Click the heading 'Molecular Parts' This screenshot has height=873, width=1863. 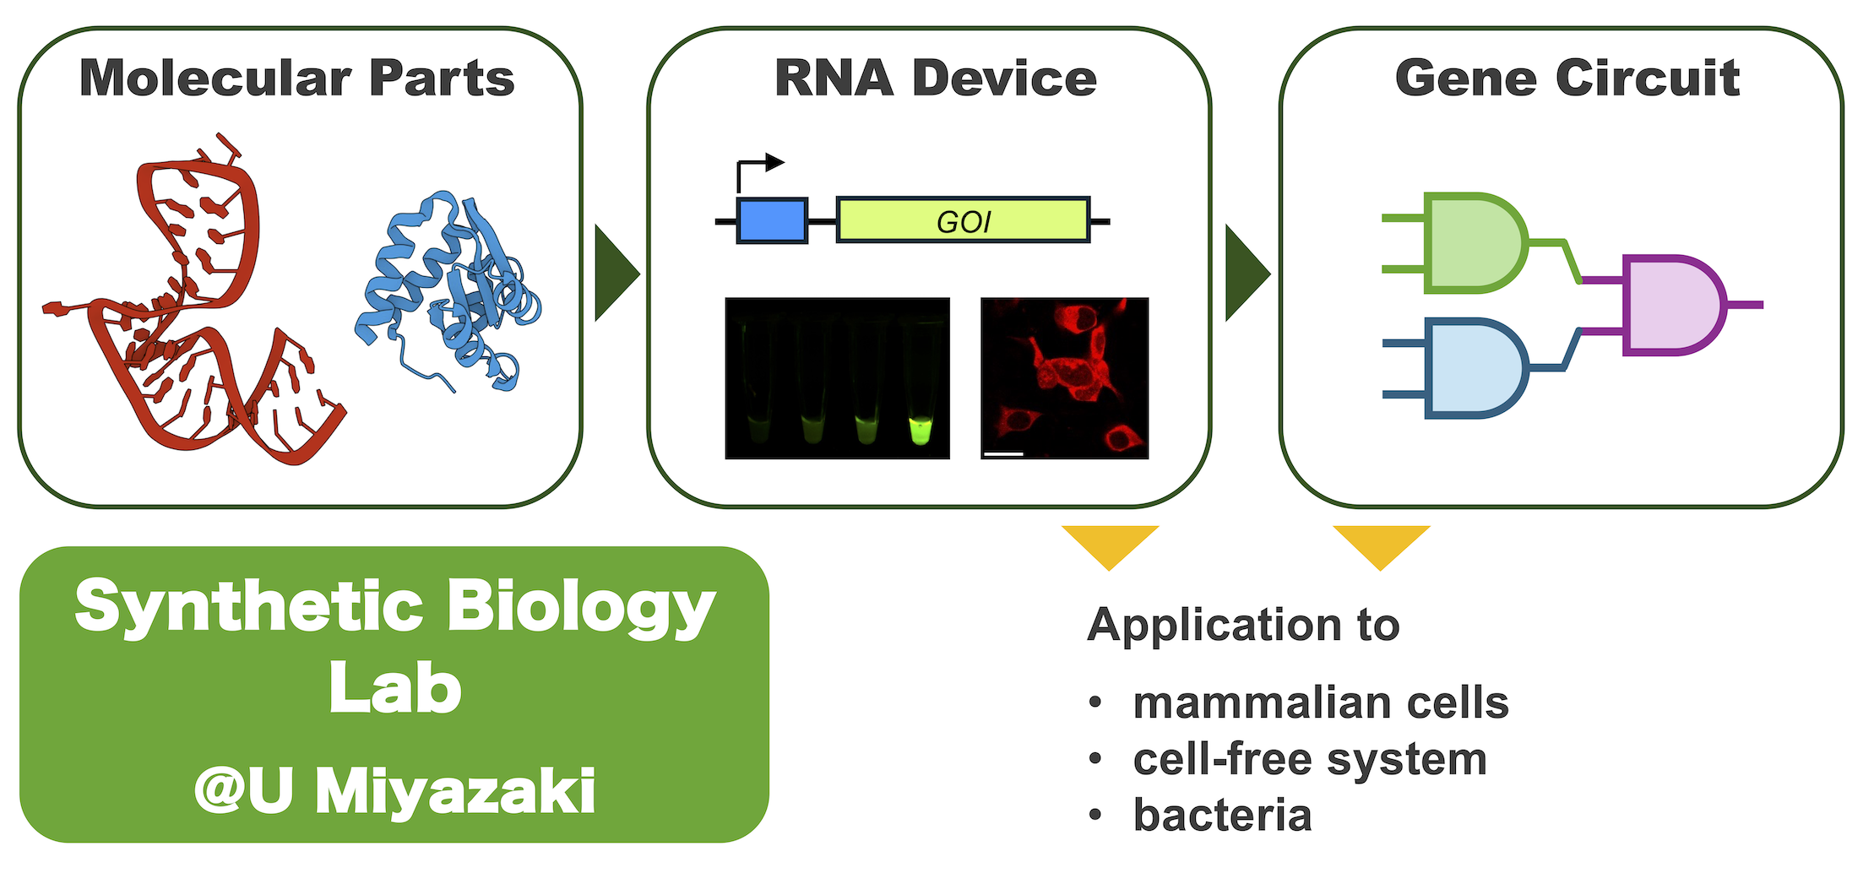coord(296,79)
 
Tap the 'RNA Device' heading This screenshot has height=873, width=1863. coord(935,79)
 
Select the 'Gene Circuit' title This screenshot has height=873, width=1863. coord(1567,79)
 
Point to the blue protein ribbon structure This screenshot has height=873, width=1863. coord(448,291)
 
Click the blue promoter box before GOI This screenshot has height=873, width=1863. coord(772,221)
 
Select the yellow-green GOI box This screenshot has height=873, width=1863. coord(963,220)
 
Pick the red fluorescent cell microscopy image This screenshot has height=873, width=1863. coord(1064,378)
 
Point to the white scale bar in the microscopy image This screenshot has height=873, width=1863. coord(1004,453)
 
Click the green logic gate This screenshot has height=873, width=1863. coord(1476,243)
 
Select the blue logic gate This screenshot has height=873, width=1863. coord(1476,368)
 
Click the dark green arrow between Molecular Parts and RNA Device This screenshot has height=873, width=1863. coord(616,273)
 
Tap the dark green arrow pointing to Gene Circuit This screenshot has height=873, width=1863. coord(1247,273)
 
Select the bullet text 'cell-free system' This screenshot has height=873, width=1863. coord(1310,759)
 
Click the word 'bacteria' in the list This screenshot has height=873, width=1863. coord(1222,816)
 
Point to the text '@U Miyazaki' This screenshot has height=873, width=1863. coord(395,792)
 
